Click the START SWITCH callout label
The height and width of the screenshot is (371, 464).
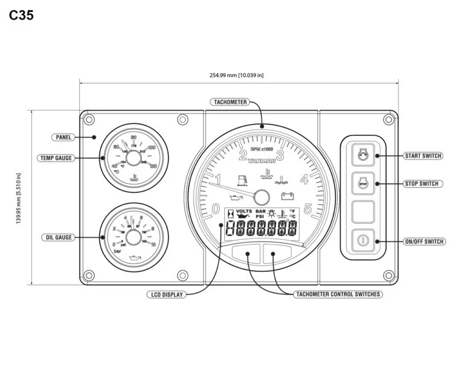tap(423, 156)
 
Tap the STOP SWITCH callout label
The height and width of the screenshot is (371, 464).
tap(422, 184)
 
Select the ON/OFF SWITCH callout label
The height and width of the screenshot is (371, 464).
tap(424, 242)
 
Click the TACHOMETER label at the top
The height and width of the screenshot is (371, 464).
tap(230, 102)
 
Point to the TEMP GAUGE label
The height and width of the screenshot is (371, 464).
tap(56, 158)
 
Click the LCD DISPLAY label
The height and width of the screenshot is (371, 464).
tap(166, 295)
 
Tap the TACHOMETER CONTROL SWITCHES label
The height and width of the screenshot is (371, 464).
tap(338, 295)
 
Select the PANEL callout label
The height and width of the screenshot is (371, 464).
tap(63, 137)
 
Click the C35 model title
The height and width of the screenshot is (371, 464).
tap(21, 16)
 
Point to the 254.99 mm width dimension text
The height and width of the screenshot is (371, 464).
tap(237, 76)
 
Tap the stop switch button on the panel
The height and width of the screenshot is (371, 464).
tap(363, 182)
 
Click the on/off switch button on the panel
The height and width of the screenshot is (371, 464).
tap(363, 240)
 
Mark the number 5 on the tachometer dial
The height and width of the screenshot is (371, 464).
tap(308, 209)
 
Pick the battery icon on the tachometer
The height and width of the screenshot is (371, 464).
tap(287, 196)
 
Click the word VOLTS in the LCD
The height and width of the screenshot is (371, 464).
tap(244, 212)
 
